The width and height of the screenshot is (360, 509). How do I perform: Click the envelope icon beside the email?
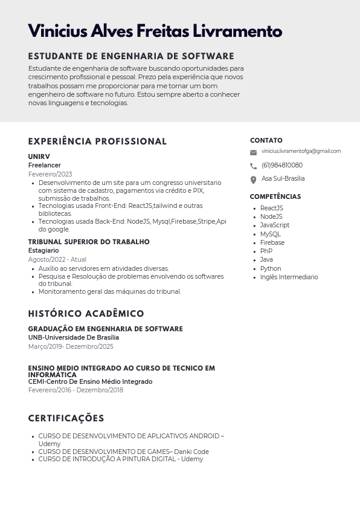coord(253,152)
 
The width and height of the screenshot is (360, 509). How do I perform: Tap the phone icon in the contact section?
coord(253,166)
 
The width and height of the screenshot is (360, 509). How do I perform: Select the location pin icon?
coord(253,180)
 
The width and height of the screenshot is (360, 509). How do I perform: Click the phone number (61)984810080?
coord(281,166)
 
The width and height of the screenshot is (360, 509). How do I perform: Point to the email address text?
coord(301,151)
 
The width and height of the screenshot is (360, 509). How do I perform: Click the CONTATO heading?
coord(266,140)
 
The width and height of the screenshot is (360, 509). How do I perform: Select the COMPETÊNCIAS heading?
coord(275,196)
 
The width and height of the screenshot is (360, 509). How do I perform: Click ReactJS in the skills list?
coord(271,208)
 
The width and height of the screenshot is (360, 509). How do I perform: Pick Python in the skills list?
coord(270,268)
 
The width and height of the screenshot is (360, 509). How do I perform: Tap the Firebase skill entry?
coord(272,242)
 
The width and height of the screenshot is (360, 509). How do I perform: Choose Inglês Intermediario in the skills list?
coord(289,277)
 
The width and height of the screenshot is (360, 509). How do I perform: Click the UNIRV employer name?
coord(39,157)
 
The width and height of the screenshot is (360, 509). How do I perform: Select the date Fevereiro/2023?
coord(50,174)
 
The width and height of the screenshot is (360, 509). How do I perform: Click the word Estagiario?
coord(43,250)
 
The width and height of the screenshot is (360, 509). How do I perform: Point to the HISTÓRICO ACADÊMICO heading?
coord(86,314)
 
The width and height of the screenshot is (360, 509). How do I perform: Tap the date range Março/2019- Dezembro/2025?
coord(71,346)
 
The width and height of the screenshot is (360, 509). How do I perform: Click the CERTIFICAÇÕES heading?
coord(66,418)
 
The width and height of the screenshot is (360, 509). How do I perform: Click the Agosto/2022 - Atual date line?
coord(57,259)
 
